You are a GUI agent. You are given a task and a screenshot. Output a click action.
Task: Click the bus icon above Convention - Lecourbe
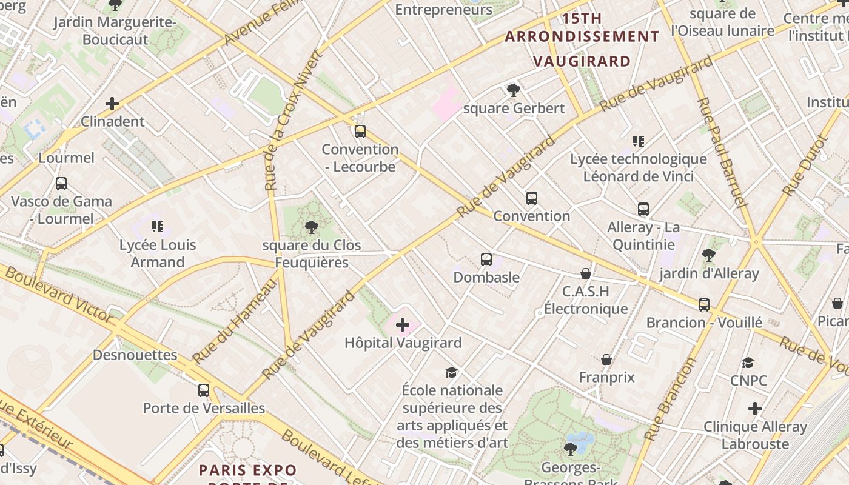(360, 131)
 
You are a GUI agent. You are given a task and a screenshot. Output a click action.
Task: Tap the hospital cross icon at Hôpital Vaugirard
(403, 326)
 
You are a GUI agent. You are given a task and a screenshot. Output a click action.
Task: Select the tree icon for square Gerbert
(514, 90)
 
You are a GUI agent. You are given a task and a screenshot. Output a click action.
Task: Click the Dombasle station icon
(486, 259)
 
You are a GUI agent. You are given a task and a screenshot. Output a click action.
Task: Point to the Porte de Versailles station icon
(204, 390)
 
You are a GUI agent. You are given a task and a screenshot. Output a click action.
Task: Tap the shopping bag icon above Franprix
(606, 360)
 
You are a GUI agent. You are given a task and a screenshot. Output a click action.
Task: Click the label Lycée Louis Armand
(158, 253)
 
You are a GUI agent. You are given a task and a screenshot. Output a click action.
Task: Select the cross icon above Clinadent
(112, 104)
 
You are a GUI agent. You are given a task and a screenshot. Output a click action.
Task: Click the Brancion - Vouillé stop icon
(704, 304)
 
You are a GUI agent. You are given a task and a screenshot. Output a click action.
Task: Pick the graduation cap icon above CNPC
(748, 363)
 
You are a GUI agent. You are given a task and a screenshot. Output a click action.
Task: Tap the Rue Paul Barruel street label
(720, 152)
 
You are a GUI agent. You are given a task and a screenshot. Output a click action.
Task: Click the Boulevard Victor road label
(58, 293)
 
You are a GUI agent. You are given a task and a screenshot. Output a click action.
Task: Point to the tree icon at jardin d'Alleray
(708, 255)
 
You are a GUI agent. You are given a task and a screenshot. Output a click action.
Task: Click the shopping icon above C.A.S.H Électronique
(586, 273)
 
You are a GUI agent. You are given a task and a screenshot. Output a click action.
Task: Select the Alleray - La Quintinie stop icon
(643, 209)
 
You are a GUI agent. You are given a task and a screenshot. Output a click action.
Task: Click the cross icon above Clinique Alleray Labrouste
(755, 409)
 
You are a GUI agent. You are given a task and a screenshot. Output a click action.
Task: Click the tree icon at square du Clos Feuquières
(312, 227)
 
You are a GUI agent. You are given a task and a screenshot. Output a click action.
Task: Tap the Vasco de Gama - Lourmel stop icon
(61, 183)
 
